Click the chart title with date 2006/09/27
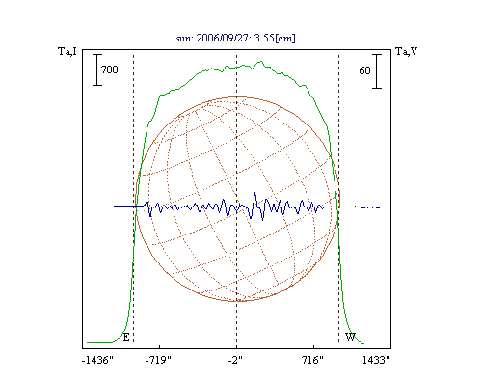pyautogui.click(x=235, y=38)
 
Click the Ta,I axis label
pyautogui.click(x=67, y=51)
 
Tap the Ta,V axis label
pyautogui.click(x=407, y=51)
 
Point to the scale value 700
pyautogui.click(x=110, y=69)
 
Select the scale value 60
pyautogui.click(x=364, y=70)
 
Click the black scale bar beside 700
pyautogui.click(x=97, y=69)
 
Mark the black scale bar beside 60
pyautogui.click(x=377, y=71)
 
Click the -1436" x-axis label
pyautogui.click(x=97, y=360)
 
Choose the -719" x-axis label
pyautogui.click(x=158, y=360)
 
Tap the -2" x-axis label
pyautogui.click(x=235, y=360)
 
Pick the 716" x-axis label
pyautogui.click(x=312, y=360)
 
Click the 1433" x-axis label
pyautogui.click(x=376, y=360)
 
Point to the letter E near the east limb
pyautogui.click(x=126, y=337)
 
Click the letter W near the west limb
pyautogui.click(x=350, y=337)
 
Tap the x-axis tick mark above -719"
pyautogui.click(x=160, y=346)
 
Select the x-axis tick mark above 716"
pyautogui.click(x=314, y=346)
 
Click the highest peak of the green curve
pyautogui.click(x=261, y=61)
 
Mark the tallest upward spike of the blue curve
pyautogui.click(x=255, y=193)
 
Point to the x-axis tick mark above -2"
pyautogui.click(x=237, y=346)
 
